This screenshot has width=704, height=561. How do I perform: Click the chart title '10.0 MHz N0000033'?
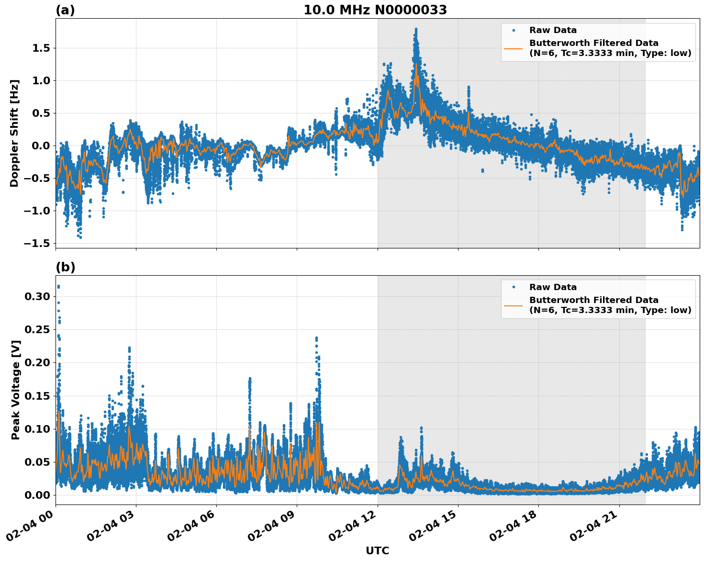375,10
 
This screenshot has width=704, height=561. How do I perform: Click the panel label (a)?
65,10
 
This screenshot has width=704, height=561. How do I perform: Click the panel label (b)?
65,267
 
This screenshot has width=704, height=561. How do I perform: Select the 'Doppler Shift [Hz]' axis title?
14,133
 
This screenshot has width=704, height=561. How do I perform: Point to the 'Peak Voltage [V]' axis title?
16,390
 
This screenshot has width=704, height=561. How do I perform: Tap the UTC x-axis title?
377,550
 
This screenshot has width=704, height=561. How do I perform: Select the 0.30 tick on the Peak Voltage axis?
37,296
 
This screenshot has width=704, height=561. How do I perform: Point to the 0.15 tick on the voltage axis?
37,396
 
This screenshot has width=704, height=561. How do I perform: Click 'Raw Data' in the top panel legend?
553,30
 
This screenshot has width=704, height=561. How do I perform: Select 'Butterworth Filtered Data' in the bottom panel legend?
593,300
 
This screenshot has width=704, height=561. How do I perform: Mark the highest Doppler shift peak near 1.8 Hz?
416,30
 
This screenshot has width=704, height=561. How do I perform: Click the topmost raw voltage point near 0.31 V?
58,287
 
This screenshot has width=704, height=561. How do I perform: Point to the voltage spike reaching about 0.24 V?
316,338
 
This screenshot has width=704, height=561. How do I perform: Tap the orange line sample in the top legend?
513,48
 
